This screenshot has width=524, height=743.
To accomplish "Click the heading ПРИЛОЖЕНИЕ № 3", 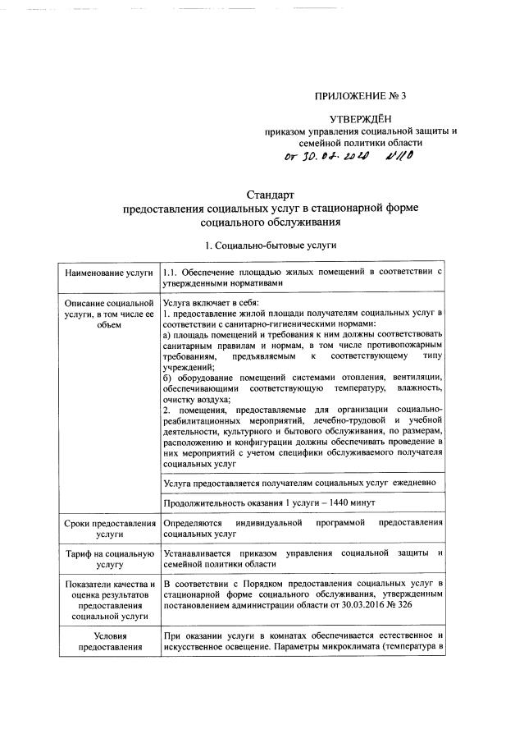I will coord(360,96).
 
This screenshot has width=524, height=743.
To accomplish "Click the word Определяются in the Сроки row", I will coord(192,522).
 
